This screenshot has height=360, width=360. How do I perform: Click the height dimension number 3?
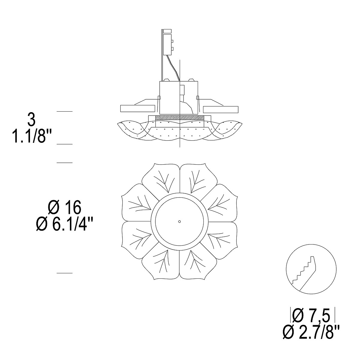pyautogui.click(x=31, y=120)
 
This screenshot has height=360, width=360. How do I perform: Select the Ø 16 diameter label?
pyautogui.click(x=64, y=208)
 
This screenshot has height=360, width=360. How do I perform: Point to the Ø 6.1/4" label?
pyautogui.click(x=64, y=224)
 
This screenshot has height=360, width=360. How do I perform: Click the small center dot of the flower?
pyautogui.click(x=179, y=222)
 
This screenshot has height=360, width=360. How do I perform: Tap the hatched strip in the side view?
pyautogui.click(x=179, y=118)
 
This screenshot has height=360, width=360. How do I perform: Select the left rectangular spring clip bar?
pyautogui.click(x=138, y=109)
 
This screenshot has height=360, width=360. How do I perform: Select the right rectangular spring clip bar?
pyautogui.click(x=220, y=109)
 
